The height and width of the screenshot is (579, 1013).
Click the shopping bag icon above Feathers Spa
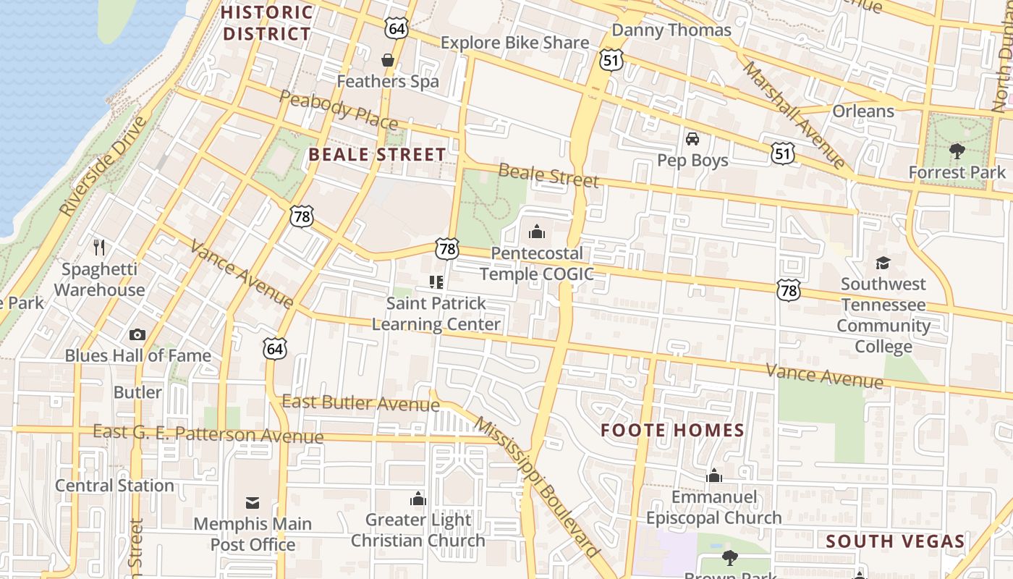(x=388, y=59)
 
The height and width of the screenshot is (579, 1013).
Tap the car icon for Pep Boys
(x=692, y=138)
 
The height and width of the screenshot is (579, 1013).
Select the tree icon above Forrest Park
(x=957, y=151)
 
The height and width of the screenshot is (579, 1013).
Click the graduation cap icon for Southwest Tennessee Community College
(x=883, y=263)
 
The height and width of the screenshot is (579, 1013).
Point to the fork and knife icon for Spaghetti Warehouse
(x=99, y=248)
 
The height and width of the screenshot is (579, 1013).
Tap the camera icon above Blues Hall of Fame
(x=137, y=334)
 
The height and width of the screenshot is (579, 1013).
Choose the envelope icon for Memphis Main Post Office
(x=253, y=502)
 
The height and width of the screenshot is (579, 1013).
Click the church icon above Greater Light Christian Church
(x=418, y=499)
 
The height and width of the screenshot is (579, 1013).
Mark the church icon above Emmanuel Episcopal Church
(x=714, y=476)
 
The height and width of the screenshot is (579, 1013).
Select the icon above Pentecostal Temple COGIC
(x=536, y=232)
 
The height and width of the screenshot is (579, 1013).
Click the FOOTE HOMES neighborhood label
(x=672, y=431)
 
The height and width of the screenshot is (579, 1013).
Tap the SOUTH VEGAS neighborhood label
(x=895, y=541)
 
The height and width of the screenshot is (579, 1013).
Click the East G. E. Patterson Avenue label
(x=208, y=434)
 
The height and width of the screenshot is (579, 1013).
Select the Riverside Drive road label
(x=103, y=166)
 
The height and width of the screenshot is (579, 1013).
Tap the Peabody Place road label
(x=338, y=110)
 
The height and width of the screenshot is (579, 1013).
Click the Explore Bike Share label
(x=514, y=43)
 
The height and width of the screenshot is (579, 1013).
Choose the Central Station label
(x=114, y=486)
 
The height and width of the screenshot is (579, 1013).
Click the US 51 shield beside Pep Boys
(x=783, y=153)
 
